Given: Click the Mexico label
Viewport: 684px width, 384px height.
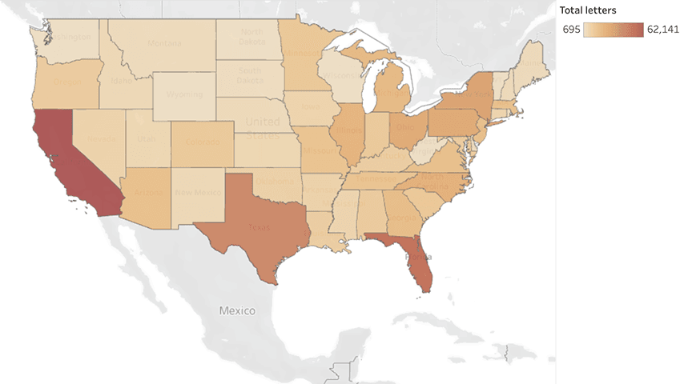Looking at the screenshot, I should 237,310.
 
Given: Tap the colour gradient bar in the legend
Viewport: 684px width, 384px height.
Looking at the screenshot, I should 614,30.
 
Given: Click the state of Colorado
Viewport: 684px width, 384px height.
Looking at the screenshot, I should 203,141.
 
